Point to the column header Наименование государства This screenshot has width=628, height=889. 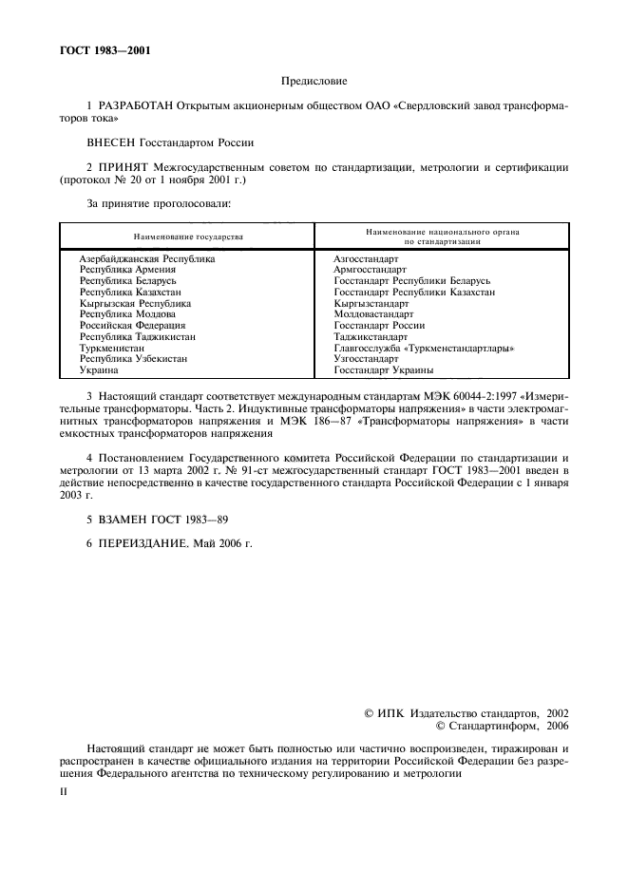click(187, 236)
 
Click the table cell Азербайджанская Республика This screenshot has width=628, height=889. click(147, 258)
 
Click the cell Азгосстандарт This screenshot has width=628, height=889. click(366, 258)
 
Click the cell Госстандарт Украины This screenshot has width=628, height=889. click(383, 370)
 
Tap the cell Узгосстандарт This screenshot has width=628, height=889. click(366, 359)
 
